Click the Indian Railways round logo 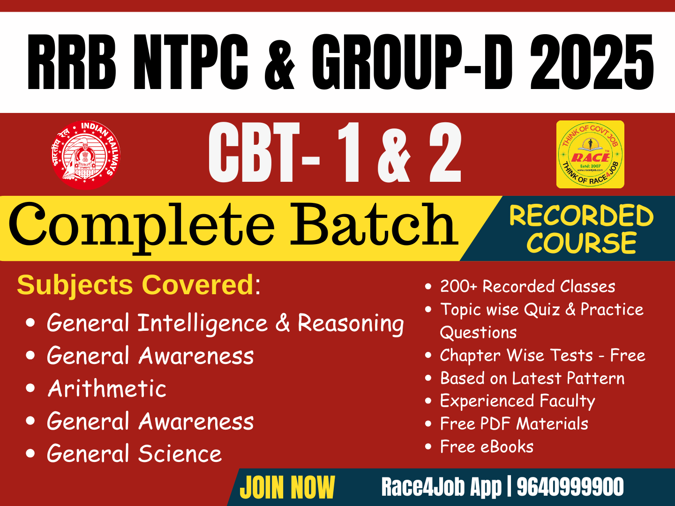(85, 155)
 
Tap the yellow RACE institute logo (590, 155)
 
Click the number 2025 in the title (592, 63)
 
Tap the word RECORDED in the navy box (581, 216)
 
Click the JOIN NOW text (287, 488)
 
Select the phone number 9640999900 (570, 487)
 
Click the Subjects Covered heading (135, 284)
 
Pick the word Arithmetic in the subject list (107, 389)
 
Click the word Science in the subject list (180, 454)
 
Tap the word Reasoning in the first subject (351, 324)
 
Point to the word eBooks (507, 447)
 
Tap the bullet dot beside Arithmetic (31, 388)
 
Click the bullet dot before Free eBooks (428, 446)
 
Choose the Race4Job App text (441, 487)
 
